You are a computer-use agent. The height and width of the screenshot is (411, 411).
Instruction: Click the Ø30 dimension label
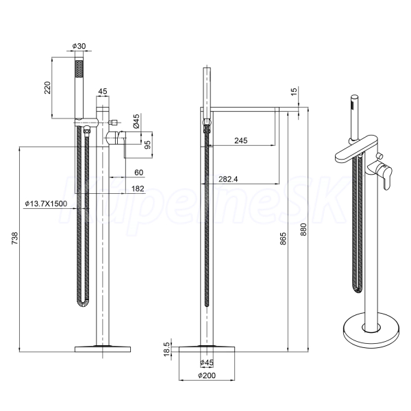click(x=79, y=46)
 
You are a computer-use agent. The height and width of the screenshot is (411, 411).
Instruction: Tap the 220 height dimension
click(x=47, y=88)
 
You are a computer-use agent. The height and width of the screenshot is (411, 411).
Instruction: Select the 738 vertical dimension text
click(x=15, y=238)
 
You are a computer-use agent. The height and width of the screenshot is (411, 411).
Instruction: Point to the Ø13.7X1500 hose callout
click(x=46, y=203)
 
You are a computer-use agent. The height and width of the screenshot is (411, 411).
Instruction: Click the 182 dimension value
click(x=138, y=189)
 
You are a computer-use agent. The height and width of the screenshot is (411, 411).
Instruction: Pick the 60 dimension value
click(x=138, y=173)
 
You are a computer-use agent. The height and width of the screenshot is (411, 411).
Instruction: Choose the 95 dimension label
click(x=148, y=145)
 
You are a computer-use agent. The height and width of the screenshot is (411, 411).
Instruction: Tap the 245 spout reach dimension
click(x=240, y=140)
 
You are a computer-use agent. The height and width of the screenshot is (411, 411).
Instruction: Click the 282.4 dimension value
click(x=228, y=179)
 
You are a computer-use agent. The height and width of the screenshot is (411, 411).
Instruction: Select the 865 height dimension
click(x=284, y=238)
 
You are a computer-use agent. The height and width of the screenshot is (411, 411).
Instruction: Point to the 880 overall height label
click(x=303, y=229)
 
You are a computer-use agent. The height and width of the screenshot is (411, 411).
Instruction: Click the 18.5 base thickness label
click(x=167, y=349)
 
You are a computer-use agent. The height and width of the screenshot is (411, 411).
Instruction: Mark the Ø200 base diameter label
click(x=207, y=375)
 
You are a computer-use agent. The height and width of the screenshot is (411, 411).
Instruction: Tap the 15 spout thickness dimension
click(x=294, y=92)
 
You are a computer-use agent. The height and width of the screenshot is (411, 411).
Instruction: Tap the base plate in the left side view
click(x=103, y=349)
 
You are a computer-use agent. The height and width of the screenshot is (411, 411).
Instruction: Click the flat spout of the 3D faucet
click(x=356, y=148)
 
